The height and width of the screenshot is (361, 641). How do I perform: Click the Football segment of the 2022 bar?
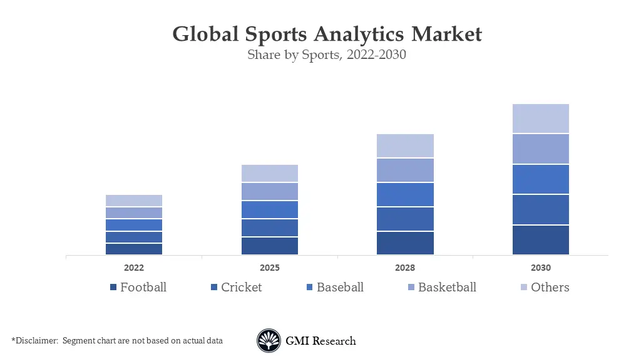tap(134, 249)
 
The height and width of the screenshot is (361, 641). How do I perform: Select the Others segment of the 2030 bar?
tap(541, 118)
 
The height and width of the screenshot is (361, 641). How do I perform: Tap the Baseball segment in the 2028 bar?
tap(405, 194)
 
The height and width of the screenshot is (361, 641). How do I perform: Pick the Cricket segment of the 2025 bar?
tap(270, 228)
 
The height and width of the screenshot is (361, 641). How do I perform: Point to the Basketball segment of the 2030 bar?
tap(541, 149)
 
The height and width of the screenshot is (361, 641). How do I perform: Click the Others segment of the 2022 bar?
tap(134, 201)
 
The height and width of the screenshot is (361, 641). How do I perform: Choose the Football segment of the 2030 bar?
tap(541, 239)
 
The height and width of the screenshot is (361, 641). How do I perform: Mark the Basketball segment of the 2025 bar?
tap(270, 191)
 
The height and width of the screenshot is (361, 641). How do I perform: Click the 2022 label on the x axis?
tap(134, 268)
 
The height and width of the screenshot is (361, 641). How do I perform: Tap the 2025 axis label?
tap(270, 268)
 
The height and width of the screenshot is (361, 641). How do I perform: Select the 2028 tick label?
tap(405, 268)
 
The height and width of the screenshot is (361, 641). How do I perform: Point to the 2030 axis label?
tap(541, 268)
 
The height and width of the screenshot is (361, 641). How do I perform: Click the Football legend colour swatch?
tap(113, 288)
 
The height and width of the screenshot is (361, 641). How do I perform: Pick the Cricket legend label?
tap(241, 288)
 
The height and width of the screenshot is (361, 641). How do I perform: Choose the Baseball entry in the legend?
tap(340, 288)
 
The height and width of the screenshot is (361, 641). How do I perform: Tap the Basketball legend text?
tap(447, 288)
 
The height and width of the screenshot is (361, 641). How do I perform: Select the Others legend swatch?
tap(524, 288)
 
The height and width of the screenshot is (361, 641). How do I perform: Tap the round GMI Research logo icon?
tap(269, 341)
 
